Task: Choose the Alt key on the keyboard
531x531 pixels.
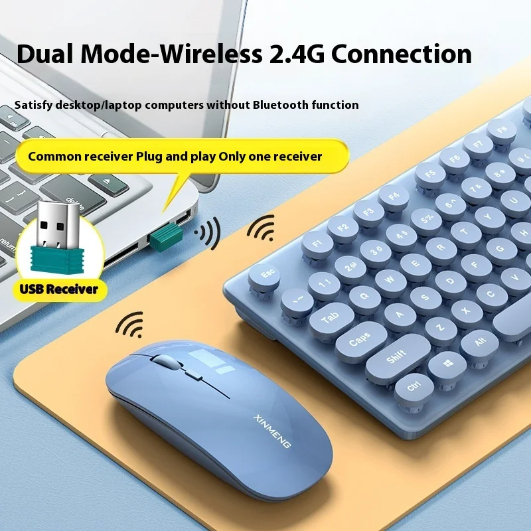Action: [479, 342]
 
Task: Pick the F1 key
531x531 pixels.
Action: [317, 244]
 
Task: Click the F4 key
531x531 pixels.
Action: [394, 197]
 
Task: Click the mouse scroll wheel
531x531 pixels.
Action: [165, 362]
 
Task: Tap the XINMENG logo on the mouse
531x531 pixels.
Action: [271, 431]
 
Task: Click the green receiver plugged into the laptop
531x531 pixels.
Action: [166, 237]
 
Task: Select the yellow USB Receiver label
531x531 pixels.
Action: [59, 289]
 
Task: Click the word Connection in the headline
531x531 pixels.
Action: [402, 54]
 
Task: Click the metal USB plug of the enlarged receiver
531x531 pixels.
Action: [58, 224]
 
